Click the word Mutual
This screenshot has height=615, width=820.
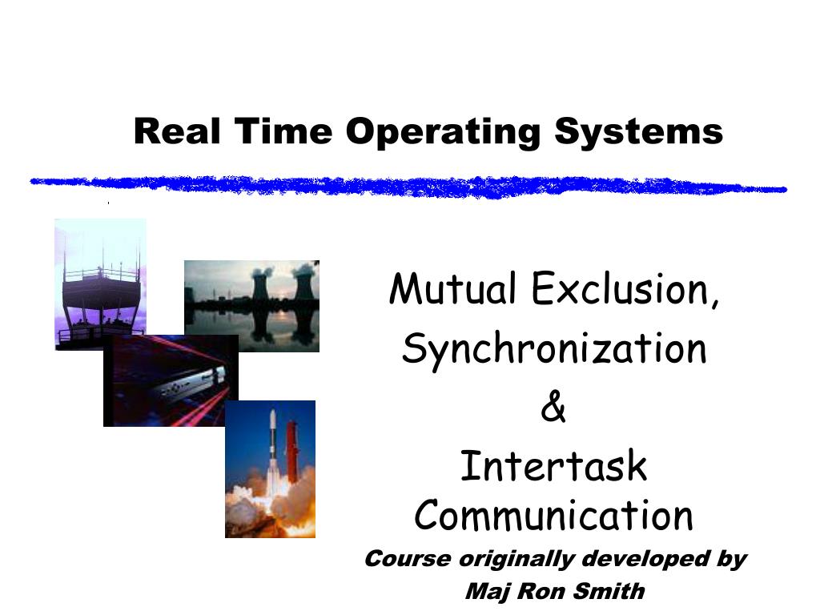452,289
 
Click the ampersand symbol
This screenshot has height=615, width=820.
553,408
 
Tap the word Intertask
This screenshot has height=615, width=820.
553,466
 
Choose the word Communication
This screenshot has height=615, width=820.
553,516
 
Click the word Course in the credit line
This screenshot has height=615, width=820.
407,559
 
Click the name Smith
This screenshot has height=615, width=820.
613,592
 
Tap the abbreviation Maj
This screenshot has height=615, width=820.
483,593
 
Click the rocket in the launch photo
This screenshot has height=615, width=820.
273,452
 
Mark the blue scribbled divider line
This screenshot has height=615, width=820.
408,186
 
